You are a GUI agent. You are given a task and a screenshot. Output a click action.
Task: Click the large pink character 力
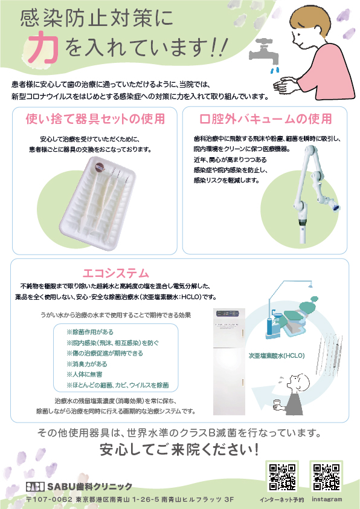click(x=43, y=47)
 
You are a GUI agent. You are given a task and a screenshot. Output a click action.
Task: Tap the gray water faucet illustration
click(x=265, y=52)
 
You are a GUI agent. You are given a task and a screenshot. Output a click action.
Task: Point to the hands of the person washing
click(x=286, y=85)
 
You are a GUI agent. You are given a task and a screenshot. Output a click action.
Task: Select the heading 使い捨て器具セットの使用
click(x=95, y=119)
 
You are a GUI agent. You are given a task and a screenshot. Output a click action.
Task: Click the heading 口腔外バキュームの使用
click(x=266, y=119)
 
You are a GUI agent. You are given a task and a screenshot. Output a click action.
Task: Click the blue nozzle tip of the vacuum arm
click(x=337, y=207)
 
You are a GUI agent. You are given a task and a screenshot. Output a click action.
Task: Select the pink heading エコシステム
click(x=116, y=273)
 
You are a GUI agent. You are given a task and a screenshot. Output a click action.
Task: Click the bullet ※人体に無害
click(x=85, y=374)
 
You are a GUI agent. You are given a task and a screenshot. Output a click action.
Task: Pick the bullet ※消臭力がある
click(x=87, y=364)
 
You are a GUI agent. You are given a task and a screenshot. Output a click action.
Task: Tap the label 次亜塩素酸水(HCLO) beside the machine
click(x=277, y=356)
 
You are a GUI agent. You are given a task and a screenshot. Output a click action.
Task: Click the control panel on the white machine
click(x=228, y=314)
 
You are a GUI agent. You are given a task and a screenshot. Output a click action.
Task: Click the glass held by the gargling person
click(x=277, y=403)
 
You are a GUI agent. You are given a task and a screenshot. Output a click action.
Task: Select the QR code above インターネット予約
click(x=282, y=477)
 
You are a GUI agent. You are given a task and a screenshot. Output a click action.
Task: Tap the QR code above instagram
click(x=326, y=477)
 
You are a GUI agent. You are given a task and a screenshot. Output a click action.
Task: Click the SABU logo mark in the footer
click(x=35, y=487)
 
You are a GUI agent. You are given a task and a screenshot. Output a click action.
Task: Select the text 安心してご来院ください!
click(x=179, y=450)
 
